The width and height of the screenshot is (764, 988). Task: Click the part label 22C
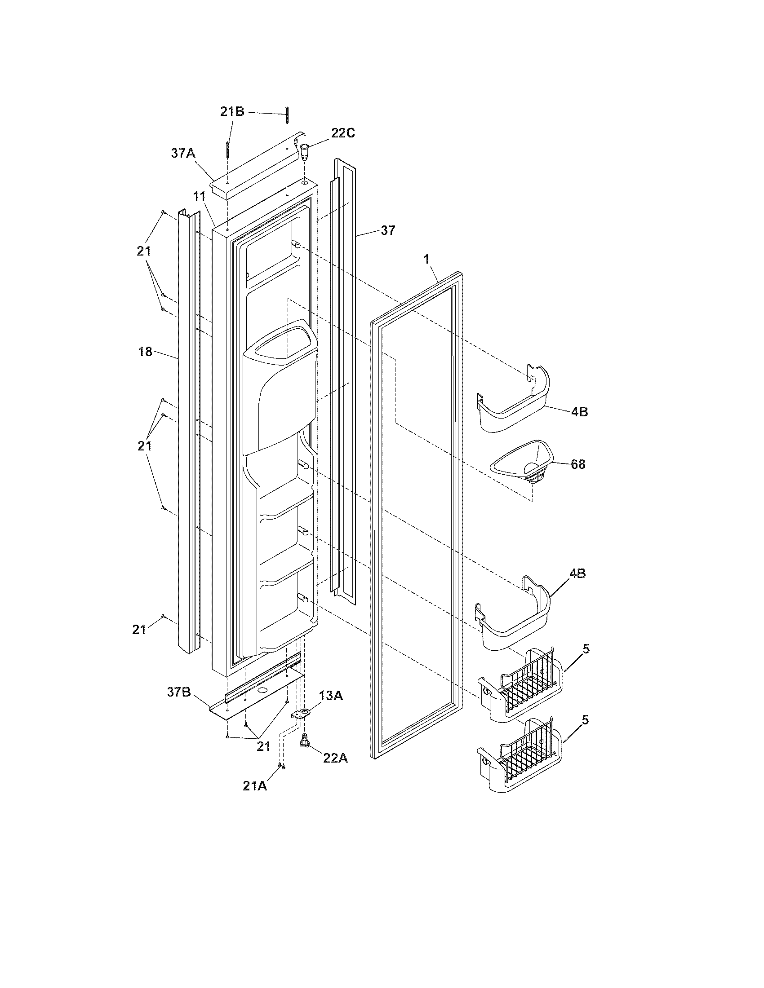(x=343, y=133)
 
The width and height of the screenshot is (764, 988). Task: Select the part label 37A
(x=183, y=153)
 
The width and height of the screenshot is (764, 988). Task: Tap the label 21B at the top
(x=232, y=112)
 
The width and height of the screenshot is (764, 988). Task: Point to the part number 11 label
(x=200, y=196)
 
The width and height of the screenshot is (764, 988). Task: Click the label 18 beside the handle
(x=145, y=351)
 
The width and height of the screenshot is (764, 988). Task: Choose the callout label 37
(x=387, y=230)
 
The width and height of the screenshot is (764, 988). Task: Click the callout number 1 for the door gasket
(x=426, y=259)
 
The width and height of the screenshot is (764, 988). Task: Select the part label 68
(x=578, y=464)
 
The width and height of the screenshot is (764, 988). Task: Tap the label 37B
(x=179, y=692)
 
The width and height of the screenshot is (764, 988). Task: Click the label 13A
(x=330, y=696)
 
